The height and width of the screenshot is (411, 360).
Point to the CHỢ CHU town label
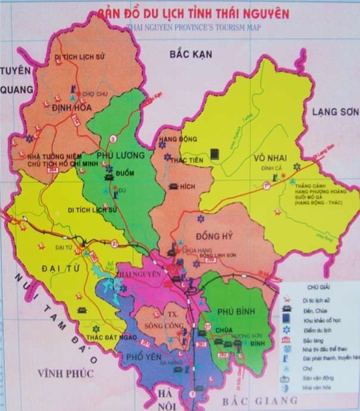pyautogui.click(x=92, y=94)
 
